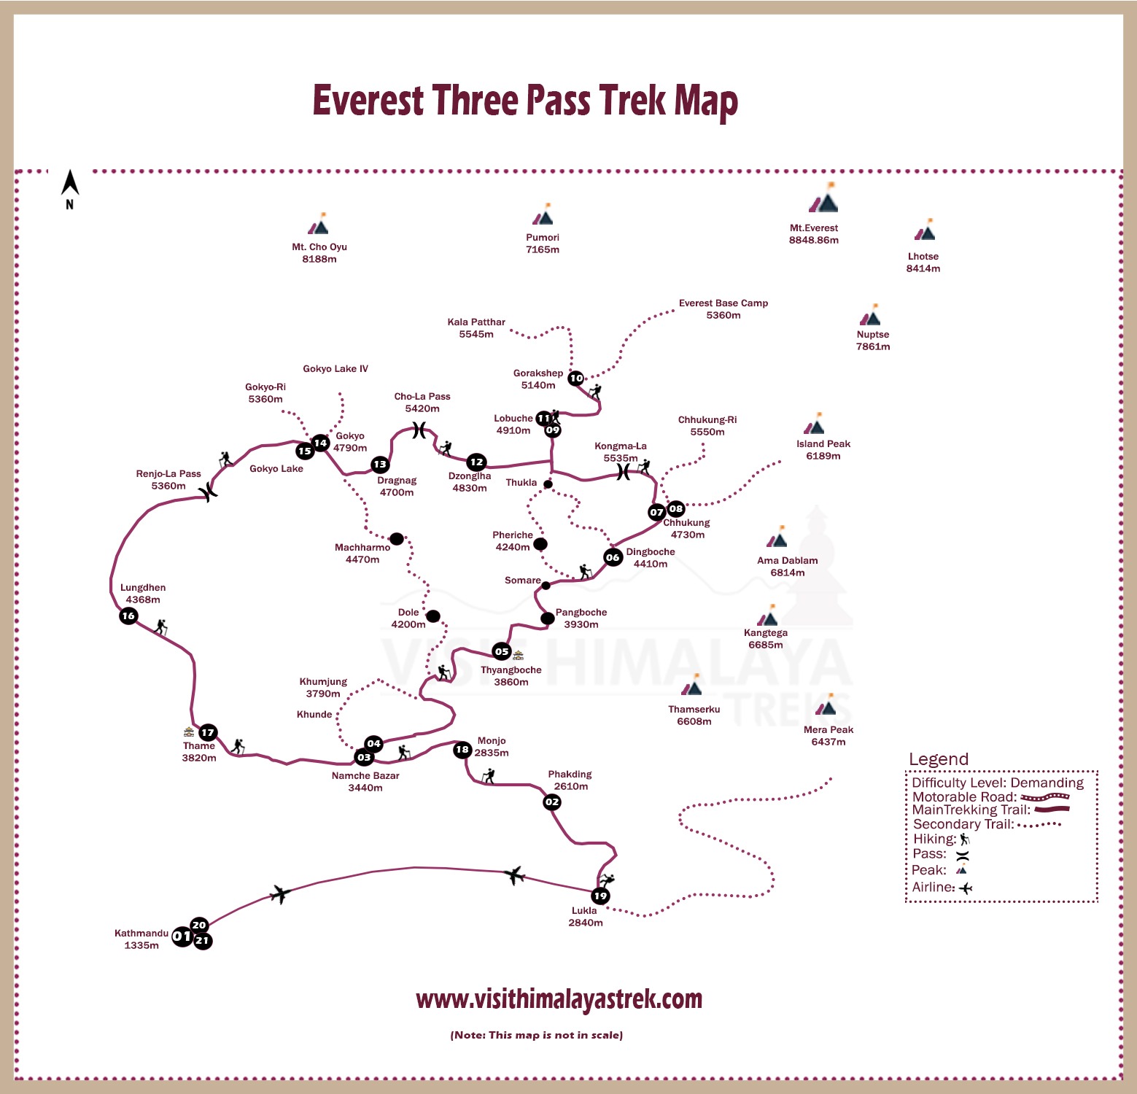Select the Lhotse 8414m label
tap(923, 263)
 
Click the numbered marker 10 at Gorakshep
tap(576, 378)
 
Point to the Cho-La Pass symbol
tap(419, 430)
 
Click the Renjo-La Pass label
tap(168, 479)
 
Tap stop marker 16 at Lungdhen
tap(128, 616)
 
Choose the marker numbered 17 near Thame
tap(208, 732)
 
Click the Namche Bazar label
tap(365, 781)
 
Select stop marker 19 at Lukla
tap(600, 896)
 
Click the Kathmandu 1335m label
tap(141, 939)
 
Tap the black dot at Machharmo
tap(397, 539)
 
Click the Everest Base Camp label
tap(723, 309)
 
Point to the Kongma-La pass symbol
tap(623, 473)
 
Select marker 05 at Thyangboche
tap(501, 651)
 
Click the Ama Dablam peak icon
tap(777, 540)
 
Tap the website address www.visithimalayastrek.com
tap(559, 998)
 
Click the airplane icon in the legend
tap(966, 888)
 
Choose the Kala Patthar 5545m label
tap(476, 328)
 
